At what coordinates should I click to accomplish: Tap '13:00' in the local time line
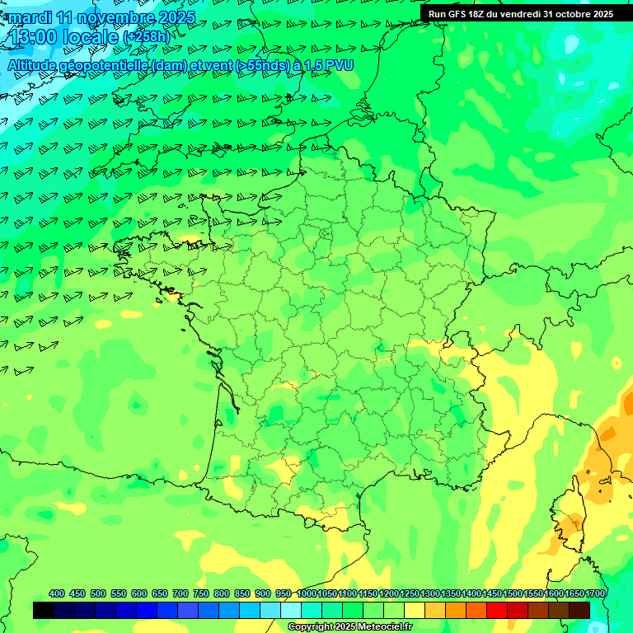(34, 36)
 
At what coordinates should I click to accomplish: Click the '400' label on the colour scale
(57, 593)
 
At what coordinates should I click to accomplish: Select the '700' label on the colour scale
(181, 593)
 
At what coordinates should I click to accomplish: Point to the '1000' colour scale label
(306, 593)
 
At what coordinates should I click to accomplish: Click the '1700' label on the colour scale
(596, 593)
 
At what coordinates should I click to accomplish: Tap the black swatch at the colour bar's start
(44, 610)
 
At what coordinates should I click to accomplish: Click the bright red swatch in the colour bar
(497, 610)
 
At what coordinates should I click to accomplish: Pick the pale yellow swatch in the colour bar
(415, 610)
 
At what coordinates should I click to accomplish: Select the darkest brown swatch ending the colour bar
(579, 610)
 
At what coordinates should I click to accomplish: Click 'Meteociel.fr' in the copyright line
(384, 627)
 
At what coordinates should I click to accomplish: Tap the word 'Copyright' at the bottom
(311, 627)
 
